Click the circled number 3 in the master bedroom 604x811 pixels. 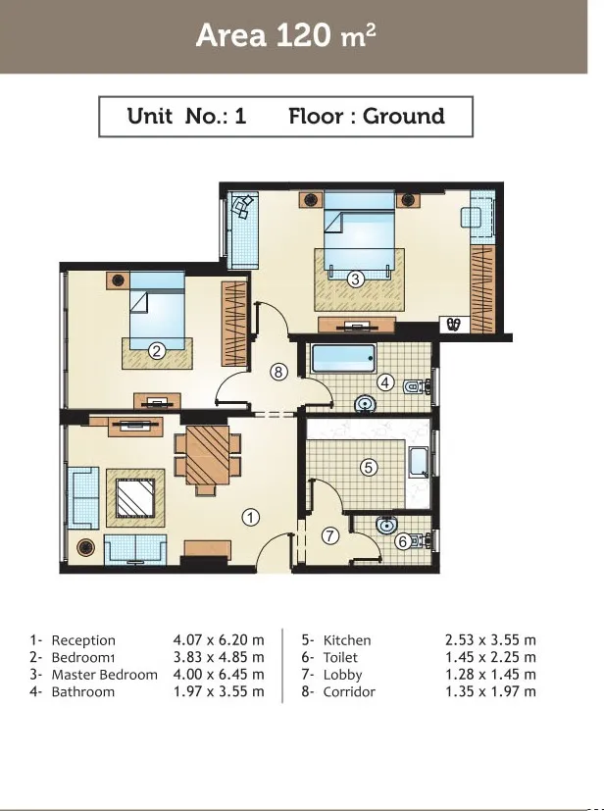pyautogui.click(x=355, y=279)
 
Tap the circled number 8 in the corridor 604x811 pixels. pyautogui.click(x=278, y=372)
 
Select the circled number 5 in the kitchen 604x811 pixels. pyautogui.click(x=369, y=468)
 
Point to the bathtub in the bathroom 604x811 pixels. pyautogui.click(x=343, y=359)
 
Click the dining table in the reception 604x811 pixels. pyautogui.click(x=207, y=455)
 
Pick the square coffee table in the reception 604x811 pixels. pyautogui.click(x=135, y=498)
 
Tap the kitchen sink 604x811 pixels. pyautogui.click(x=418, y=462)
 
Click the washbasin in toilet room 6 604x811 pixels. pyautogui.click(x=385, y=525)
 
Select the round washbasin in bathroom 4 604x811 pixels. pyautogui.click(x=366, y=403)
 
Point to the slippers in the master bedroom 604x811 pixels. pyautogui.click(x=454, y=325)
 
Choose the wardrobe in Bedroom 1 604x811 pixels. pyautogui.click(x=234, y=324)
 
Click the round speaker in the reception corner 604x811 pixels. pyautogui.click(x=86, y=547)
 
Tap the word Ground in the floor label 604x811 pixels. pyautogui.click(x=403, y=116)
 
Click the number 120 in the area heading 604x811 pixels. pyautogui.click(x=304, y=34)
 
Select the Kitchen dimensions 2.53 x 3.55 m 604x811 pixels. pyautogui.click(x=490, y=639)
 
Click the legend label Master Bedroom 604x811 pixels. pyautogui.click(x=105, y=675)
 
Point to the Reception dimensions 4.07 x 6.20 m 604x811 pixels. pyautogui.click(x=219, y=639)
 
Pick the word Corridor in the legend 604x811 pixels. pyautogui.click(x=349, y=691)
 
